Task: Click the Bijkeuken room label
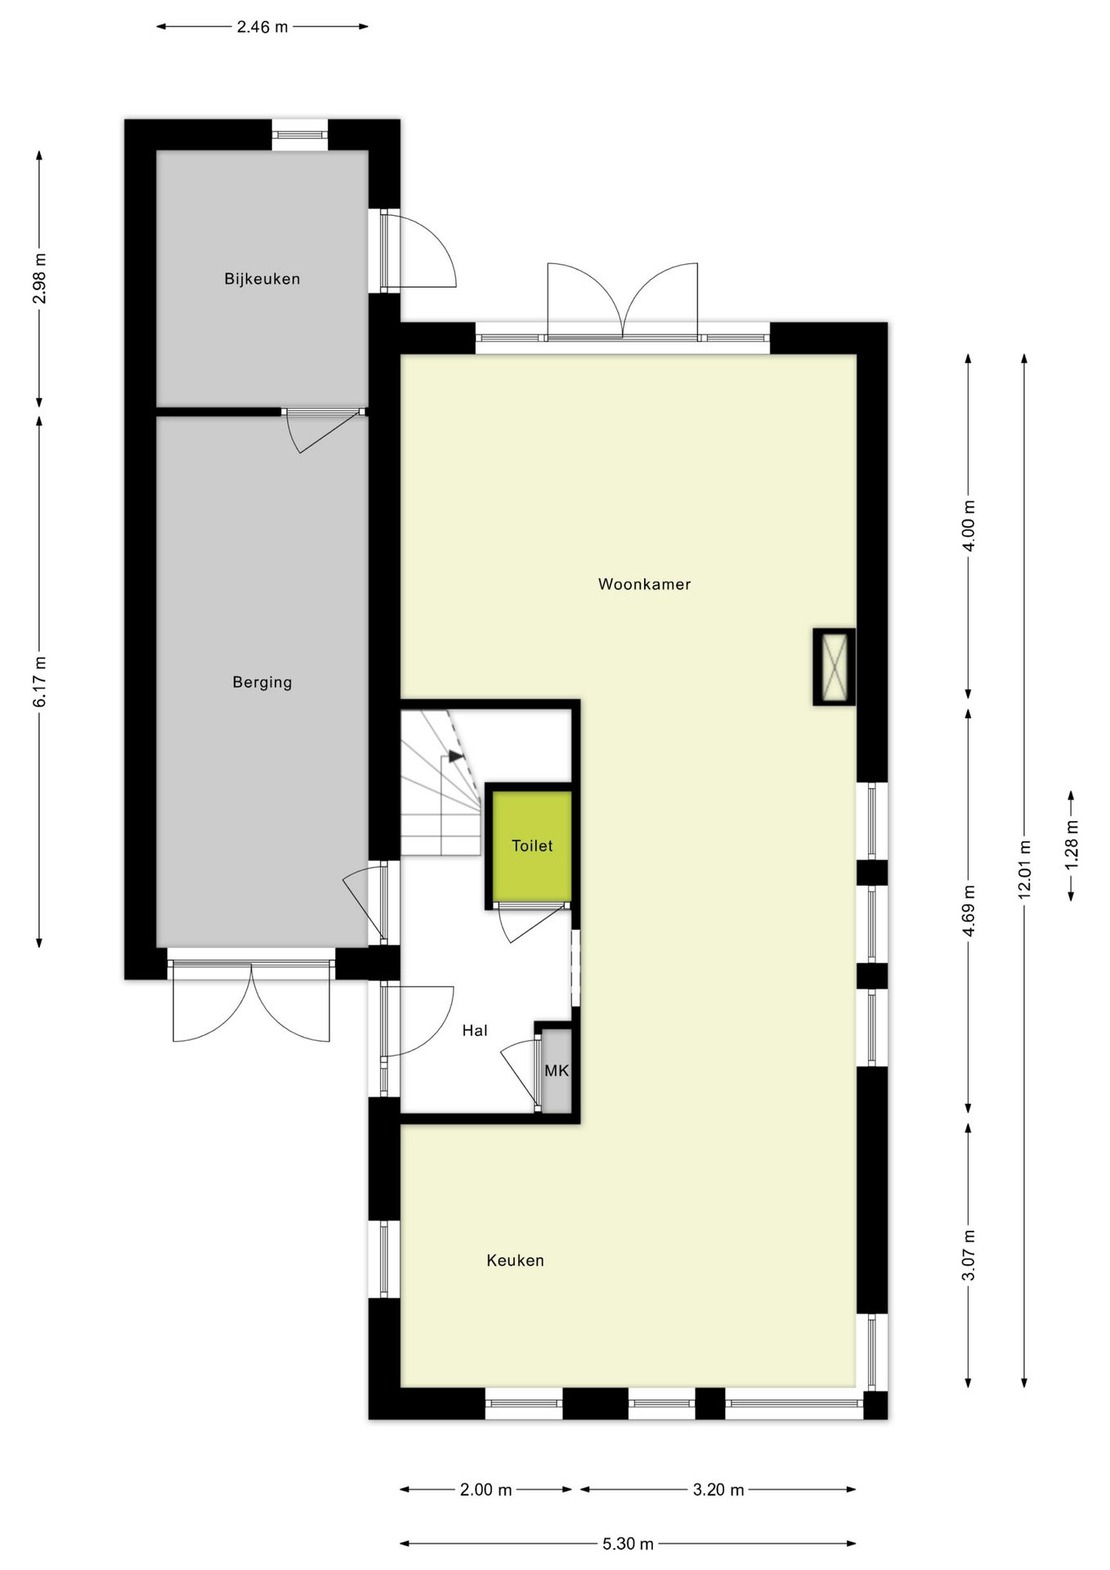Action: [262, 279]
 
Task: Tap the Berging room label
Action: [262, 682]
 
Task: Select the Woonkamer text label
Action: [644, 585]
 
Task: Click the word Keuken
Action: [515, 1260]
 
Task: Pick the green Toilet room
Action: [532, 846]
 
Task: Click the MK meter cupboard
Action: [557, 1070]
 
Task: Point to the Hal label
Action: [474, 1030]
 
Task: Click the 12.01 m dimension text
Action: [1023, 869]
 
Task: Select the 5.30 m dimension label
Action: [628, 1544]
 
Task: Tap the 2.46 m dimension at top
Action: [262, 27]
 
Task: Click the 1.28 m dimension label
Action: [1072, 845]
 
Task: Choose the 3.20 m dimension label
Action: [718, 1490]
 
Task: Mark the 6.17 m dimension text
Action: [39, 682]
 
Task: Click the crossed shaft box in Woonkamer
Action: [834, 666]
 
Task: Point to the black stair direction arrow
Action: [455, 756]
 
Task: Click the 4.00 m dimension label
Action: [969, 525]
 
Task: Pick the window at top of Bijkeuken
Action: [300, 135]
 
